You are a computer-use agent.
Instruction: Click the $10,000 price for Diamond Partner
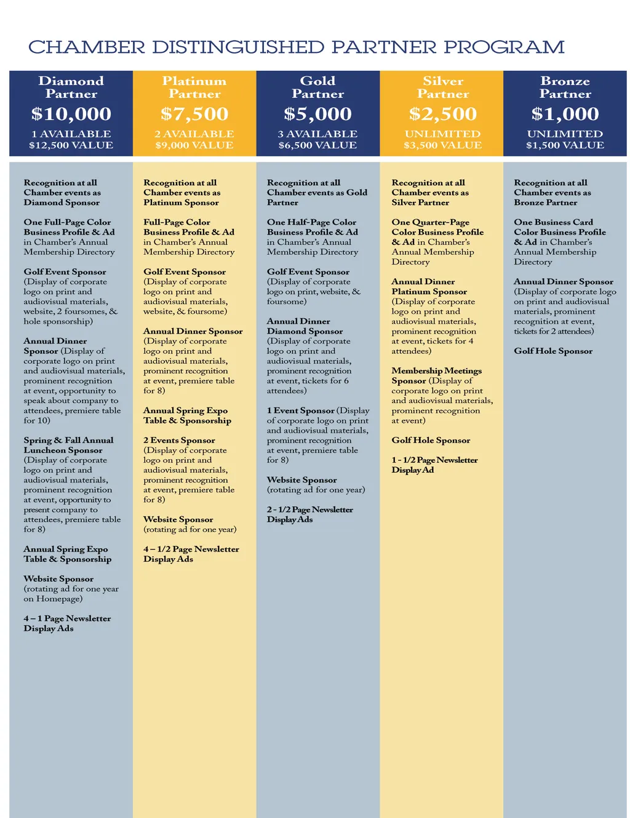point(71,114)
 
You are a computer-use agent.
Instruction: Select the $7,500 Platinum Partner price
point(194,114)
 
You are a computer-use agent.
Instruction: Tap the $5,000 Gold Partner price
point(317,114)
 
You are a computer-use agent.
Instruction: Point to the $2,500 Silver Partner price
point(443,114)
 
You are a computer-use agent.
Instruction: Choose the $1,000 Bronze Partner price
point(565,114)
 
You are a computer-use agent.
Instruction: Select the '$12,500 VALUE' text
point(71,145)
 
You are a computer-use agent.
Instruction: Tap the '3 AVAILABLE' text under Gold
point(317,134)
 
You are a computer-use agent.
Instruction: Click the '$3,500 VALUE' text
point(443,145)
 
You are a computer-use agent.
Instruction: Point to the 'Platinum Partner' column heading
point(194,87)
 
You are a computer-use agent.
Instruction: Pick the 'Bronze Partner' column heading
point(565,87)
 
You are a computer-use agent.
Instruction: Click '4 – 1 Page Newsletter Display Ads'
point(67,623)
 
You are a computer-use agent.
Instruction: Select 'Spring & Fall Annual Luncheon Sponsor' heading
point(68,445)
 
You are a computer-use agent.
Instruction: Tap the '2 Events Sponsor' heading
point(179,440)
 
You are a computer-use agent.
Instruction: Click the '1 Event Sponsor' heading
point(301,411)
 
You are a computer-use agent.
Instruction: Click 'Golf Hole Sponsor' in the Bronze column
point(553,351)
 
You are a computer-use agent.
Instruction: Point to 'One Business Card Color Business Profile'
point(559,227)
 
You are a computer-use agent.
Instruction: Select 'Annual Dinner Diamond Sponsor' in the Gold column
point(305,326)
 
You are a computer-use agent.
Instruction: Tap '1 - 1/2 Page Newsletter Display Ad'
point(434,465)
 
